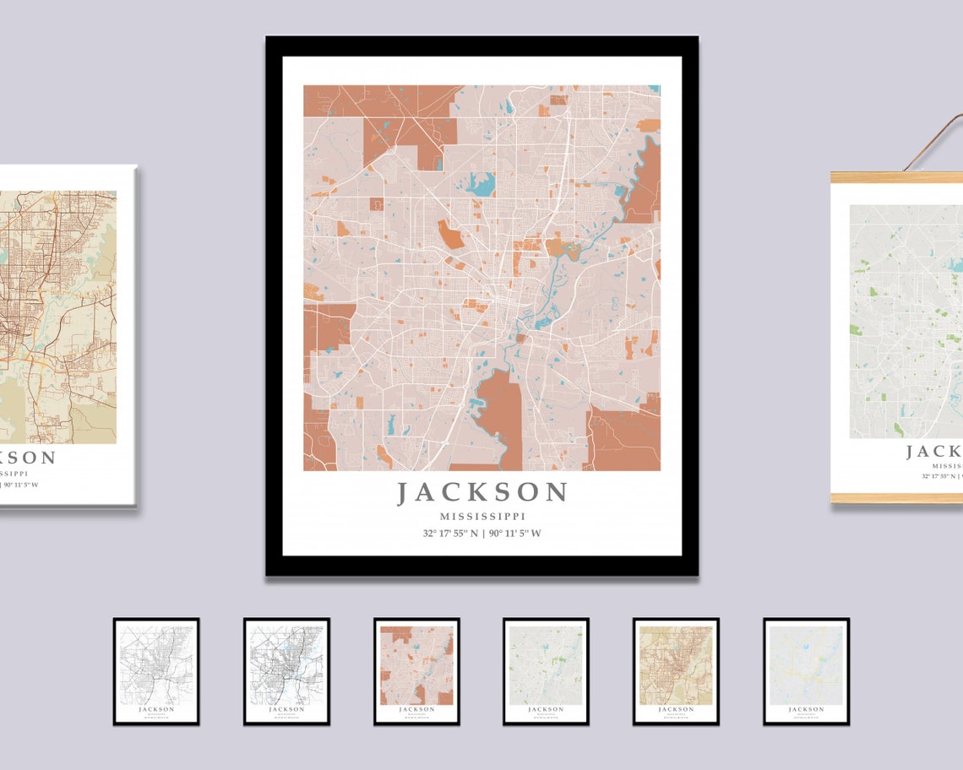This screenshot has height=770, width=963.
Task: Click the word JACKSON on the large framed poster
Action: coord(482,492)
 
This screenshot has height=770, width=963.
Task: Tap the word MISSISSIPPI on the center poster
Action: coord(482,516)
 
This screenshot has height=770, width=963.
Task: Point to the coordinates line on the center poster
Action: coord(482,533)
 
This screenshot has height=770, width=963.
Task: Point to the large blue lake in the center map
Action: coord(480,183)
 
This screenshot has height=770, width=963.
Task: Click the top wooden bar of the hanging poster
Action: coord(895,177)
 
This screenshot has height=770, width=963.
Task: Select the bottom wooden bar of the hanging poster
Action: coord(895,498)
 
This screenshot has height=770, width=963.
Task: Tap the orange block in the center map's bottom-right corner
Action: coord(625,439)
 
